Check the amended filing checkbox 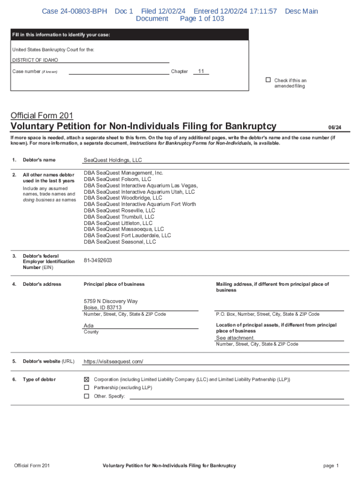tap(268, 80)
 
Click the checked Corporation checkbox tap(86, 379)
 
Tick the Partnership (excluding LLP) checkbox tap(86, 388)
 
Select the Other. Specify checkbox tap(86, 396)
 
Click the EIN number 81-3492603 tap(98, 261)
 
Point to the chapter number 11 tap(201, 71)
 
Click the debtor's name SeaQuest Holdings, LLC tap(113, 160)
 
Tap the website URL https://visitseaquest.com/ tap(113, 362)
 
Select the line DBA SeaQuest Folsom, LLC tap(117, 179)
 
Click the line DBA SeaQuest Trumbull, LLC tap(119, 217)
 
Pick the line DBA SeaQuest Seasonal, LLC tap(120, 242)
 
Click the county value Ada tap(88, 326)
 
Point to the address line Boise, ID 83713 tap(102, 308)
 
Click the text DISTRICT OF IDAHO tap(35, 60)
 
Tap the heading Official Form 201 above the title tap(42, 116)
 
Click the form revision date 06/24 tap(335, 127)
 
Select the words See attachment tap(235, 338)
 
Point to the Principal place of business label tap(114, 284)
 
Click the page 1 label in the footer tap(331, 465)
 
